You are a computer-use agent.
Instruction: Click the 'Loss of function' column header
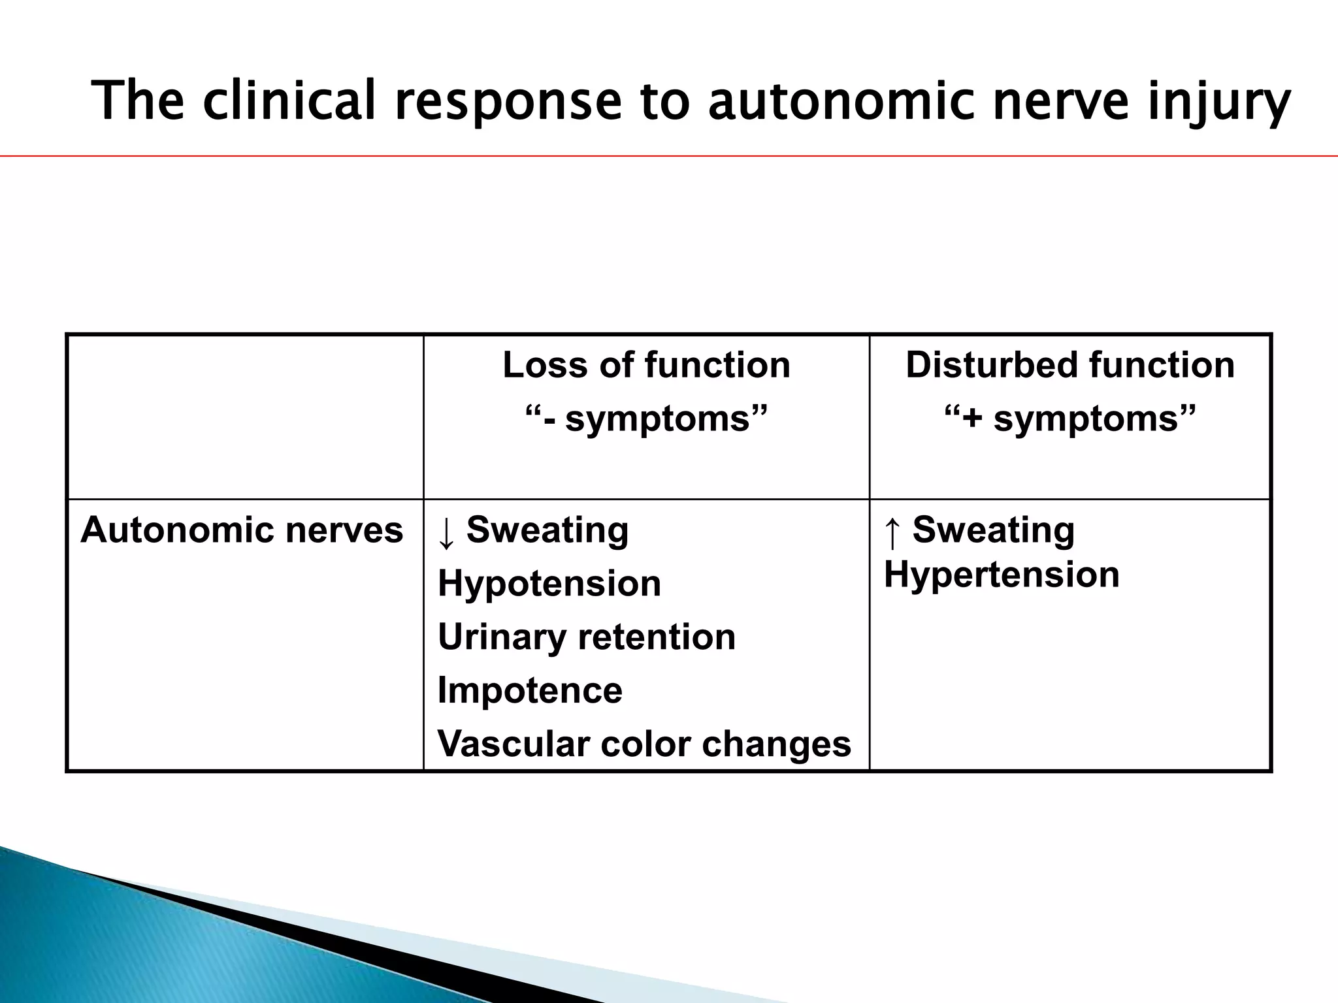[646, 364]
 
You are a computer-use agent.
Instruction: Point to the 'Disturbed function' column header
[1069, 364]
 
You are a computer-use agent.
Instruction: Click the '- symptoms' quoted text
[646, 418]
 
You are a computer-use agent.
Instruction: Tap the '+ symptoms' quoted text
[1069, 418]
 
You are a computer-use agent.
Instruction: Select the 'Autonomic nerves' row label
[242, 530]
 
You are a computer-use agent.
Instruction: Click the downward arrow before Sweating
[446, 532]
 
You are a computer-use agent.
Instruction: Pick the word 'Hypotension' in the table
[549, 583]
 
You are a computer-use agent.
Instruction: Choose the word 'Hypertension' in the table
[1002, 575]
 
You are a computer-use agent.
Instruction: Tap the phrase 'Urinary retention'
[586, 637]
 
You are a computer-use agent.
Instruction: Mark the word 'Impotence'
[529, 690]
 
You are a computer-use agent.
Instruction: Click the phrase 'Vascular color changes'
[644, 744]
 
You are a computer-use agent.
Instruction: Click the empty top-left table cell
[245, 417]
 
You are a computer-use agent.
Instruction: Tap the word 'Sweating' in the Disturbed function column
[993, 530]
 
